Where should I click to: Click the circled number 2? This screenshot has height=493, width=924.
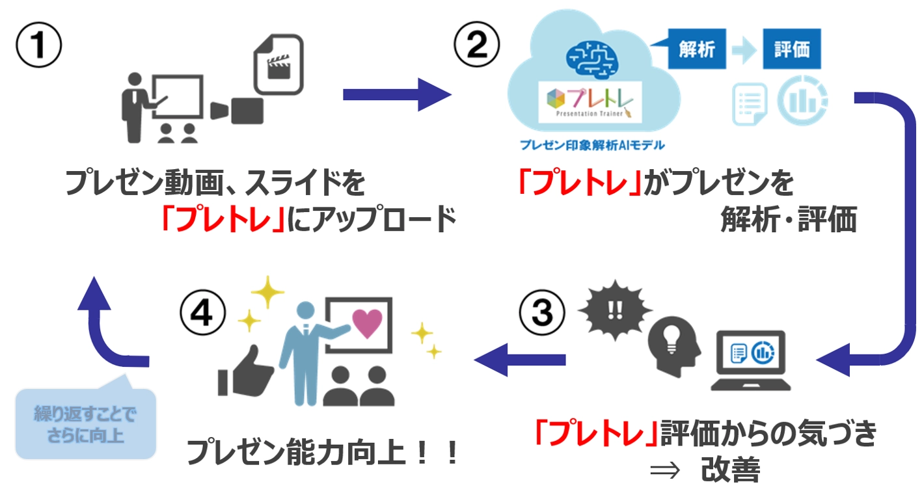[477, 46]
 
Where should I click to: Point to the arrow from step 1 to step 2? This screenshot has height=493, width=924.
[397, 95]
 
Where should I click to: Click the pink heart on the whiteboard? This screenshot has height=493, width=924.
[367, 323]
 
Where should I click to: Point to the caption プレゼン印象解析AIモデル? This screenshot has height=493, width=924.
[592, 144]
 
